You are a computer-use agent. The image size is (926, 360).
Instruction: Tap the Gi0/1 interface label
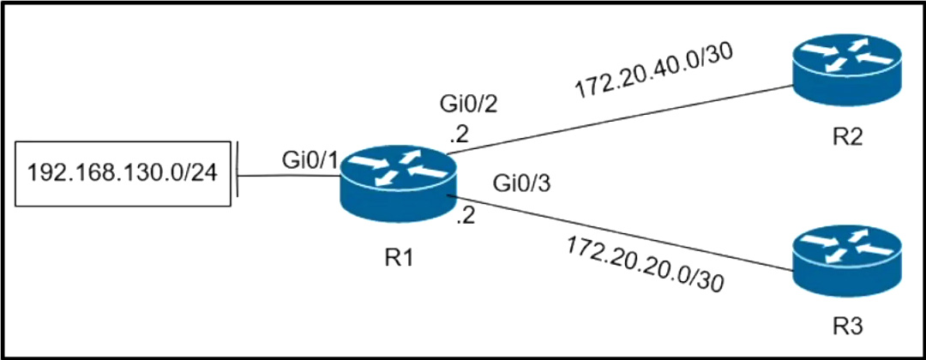click(307, 159)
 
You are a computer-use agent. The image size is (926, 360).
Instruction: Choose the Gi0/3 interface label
click(517, 183)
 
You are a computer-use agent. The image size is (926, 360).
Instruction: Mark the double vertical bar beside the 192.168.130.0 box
click(236, 175)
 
